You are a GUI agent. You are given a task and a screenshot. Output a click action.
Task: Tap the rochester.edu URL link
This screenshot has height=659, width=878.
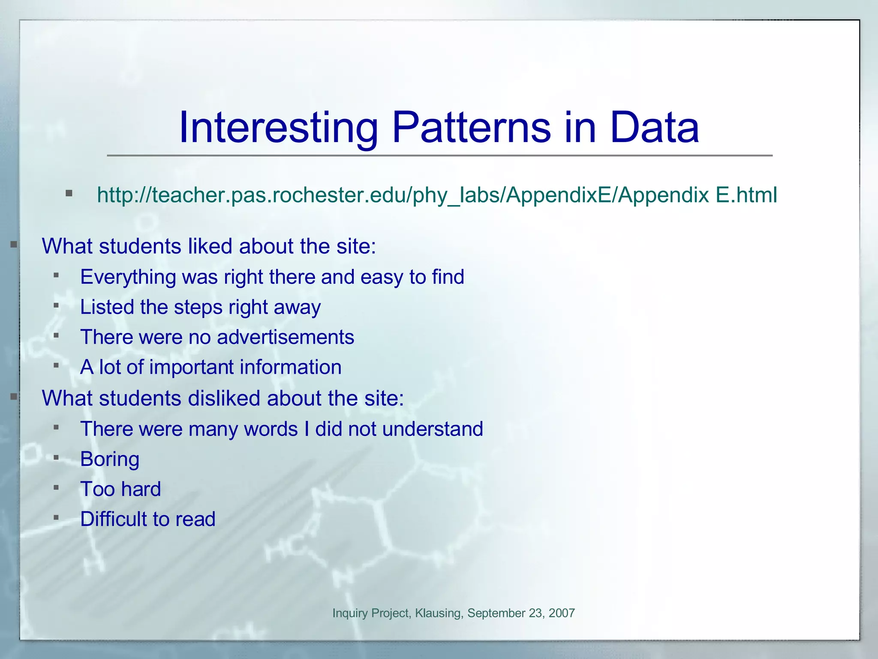pyautogui.click(x=437, y=195)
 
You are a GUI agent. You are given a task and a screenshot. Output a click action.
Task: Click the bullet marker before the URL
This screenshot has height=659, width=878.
pyautogui.click(x=69, y=193)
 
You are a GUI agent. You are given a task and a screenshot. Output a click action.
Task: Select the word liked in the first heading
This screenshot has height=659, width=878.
pyautogui.click(x=210, y=246)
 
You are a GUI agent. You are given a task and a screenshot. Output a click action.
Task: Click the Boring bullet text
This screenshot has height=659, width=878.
pyautogui.click(x=110, y=459)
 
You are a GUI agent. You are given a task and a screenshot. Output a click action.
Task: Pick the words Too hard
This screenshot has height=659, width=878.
pyautogui.click(x=120, y=490)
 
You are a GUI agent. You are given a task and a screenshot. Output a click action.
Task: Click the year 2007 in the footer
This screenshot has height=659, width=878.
pyautogui.click(x=561, y=613)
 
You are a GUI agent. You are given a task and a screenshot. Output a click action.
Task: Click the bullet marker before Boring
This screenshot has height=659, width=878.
pyautogui.click(x=56, y=458)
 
